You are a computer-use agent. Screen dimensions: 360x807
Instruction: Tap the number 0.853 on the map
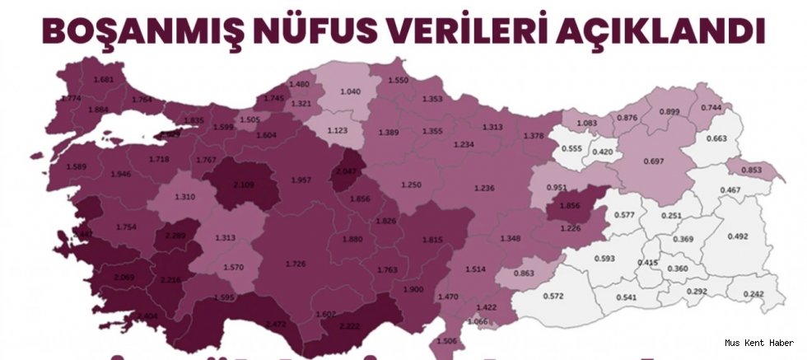coord(750,171)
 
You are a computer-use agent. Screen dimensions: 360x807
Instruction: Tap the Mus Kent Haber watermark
coord(759,343)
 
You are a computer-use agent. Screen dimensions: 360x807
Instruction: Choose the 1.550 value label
coord(399,79)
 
